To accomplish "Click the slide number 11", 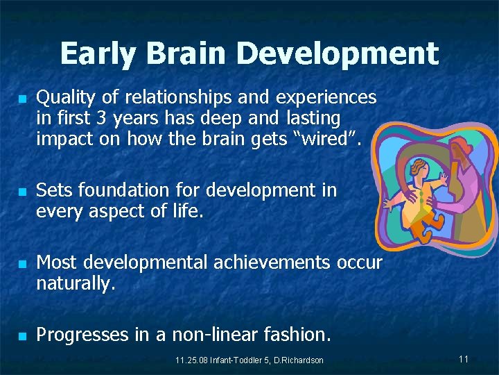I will point(464,359).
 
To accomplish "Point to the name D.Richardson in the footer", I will point(299,360).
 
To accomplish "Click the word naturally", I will point(76,283).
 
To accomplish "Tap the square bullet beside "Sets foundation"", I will point(22,191).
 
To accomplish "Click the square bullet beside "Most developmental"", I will point(22,264).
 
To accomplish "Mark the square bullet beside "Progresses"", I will point(22,336).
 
